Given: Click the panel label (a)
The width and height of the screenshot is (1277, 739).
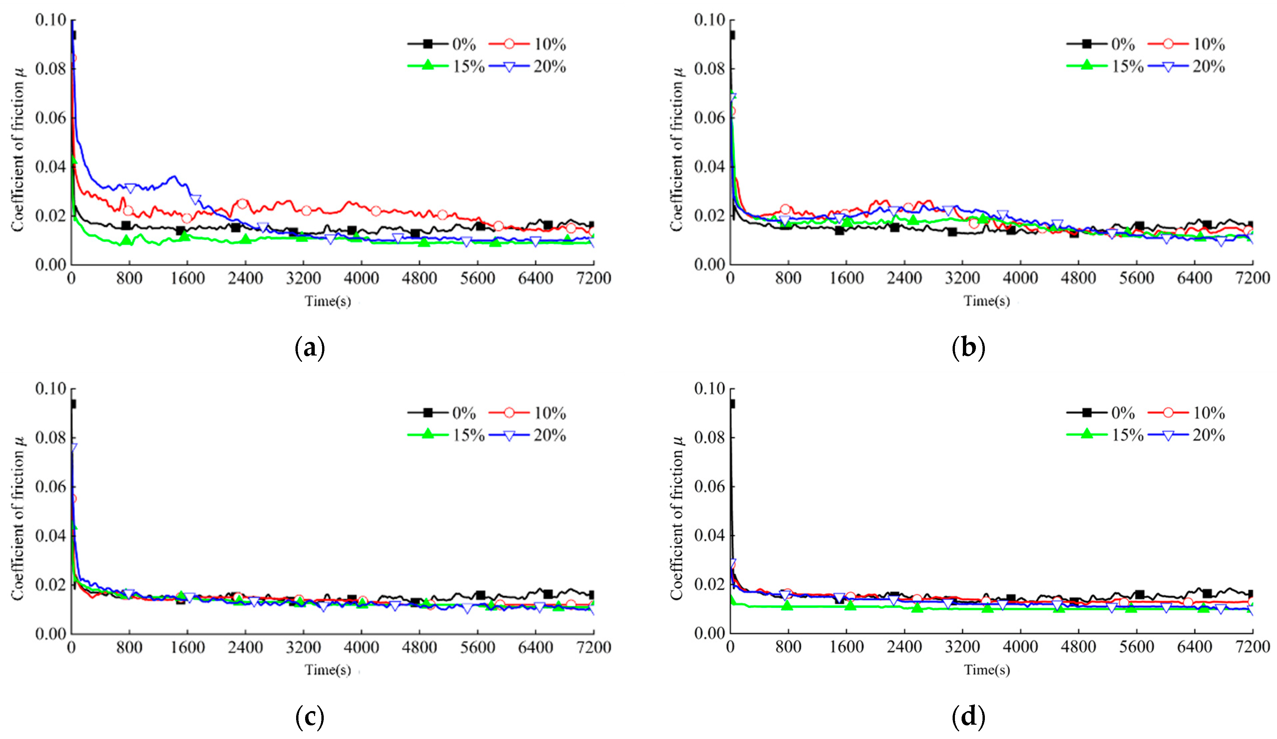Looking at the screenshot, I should point(310,349).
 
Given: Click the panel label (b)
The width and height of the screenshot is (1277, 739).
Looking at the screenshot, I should point(968,349).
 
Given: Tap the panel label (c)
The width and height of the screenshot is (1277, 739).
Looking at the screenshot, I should point(310,717).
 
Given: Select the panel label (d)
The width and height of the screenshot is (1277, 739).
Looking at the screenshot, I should point(968,717).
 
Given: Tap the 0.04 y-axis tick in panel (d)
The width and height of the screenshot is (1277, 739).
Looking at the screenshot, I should point(709,535).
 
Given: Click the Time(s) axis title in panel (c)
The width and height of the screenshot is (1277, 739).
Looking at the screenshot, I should point(327,669).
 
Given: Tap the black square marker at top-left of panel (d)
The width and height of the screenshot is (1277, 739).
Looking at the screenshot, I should point(731,404).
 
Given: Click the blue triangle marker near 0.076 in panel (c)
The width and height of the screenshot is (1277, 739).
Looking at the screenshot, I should point(74,447).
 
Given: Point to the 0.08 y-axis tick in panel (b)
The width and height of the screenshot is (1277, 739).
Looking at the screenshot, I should point(709,69).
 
